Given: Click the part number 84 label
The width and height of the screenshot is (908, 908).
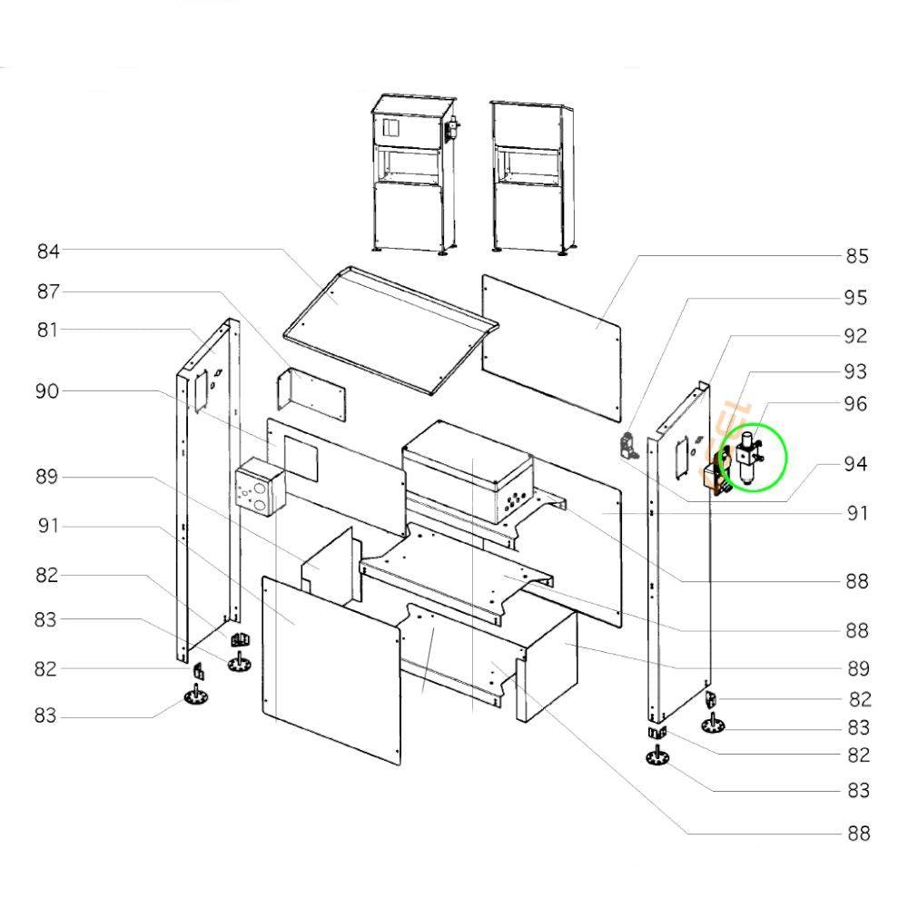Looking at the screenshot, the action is pos(48,252).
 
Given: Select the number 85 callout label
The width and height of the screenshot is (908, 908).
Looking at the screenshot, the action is pos(857,256).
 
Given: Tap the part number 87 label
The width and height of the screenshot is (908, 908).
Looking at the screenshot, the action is pos(48,291).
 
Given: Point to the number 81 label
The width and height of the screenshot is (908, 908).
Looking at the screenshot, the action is pos(47,331).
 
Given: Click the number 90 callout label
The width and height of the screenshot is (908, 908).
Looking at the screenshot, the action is pos(47,390).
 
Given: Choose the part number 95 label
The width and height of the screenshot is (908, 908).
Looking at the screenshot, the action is pos(856,298).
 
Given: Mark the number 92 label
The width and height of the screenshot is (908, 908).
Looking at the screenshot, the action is pos(855,336).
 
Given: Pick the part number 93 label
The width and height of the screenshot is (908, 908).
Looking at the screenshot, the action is pos(855,371).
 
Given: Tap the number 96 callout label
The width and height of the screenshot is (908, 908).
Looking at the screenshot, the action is pos(855,404).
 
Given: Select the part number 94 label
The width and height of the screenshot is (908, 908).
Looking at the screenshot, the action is pos(855,464).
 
